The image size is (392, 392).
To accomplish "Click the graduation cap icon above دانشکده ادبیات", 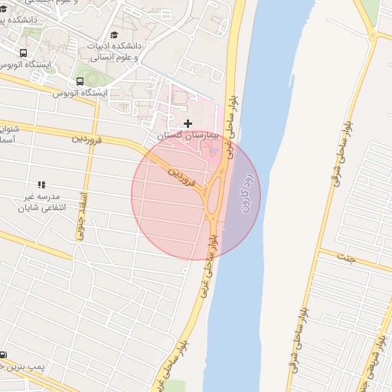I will tap(115, 35).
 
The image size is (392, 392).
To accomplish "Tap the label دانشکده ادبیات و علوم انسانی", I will tap(115, 51).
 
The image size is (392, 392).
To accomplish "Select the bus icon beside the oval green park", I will tap(80, 82).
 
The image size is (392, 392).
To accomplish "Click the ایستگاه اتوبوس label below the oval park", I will tap(80, 93).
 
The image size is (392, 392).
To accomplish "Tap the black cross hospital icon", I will tap(188, 123).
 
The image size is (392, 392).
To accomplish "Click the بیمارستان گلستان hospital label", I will tap(188, 135).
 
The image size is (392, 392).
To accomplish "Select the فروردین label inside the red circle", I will tap(184, 173).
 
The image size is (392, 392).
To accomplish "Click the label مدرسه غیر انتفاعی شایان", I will tap(41, 201).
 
